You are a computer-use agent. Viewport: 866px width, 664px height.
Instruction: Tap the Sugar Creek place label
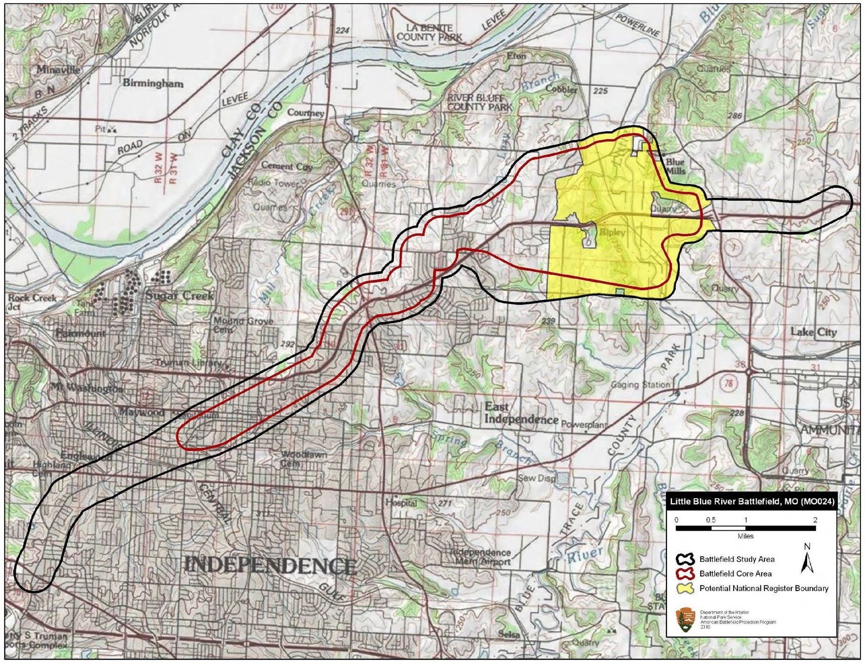point(179,296)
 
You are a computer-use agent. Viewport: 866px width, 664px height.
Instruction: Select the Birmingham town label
point(153,83)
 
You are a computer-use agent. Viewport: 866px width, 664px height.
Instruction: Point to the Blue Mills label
point(675,166)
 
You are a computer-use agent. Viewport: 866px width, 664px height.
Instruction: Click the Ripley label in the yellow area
point(612,232)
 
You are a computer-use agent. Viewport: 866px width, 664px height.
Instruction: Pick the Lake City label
point(813,332)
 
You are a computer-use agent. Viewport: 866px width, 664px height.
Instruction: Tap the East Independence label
point(521,413)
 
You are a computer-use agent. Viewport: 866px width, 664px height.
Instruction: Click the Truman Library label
point(188,363)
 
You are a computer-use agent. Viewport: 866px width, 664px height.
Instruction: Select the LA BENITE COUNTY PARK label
point(429,32)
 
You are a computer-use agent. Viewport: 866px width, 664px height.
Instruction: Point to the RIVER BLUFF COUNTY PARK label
point(479,102)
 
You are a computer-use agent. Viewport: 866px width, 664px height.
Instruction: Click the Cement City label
point(287,166)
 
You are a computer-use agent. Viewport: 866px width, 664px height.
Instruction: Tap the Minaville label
point(58,70)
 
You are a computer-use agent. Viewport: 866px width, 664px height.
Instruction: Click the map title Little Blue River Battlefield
point(752,502)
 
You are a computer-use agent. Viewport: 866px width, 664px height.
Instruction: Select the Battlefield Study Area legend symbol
point(685,559)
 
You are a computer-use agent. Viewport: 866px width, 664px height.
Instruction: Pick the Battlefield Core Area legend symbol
point(685,574)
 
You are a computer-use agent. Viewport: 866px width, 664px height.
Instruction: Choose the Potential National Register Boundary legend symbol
point(685,588)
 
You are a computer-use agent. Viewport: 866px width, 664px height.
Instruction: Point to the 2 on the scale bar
point(815,520)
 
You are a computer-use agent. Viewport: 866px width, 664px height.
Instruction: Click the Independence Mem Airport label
point(482,557)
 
